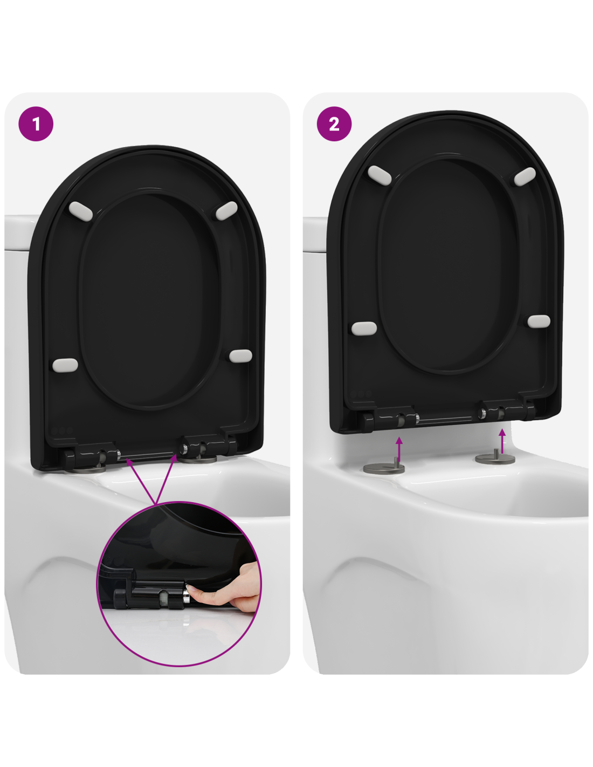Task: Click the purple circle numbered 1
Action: [x=36, y=124]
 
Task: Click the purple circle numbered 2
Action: [x=334, y=124]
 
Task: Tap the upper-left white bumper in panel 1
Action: [x=81, y=211]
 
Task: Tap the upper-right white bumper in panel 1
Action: [x=226, y=211]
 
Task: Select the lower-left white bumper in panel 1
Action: [x=65, y=365]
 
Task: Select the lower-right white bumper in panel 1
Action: [x=240, y=356]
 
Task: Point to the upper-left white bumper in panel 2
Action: [x=379, y=175]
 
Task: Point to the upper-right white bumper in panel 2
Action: [x=525, y=176]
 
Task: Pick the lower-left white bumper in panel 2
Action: [x=364, y=328]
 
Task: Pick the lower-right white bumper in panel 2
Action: [x=539, y=321]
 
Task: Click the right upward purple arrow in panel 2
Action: [x=502, y=441]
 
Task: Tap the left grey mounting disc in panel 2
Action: [x=384, y=468]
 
